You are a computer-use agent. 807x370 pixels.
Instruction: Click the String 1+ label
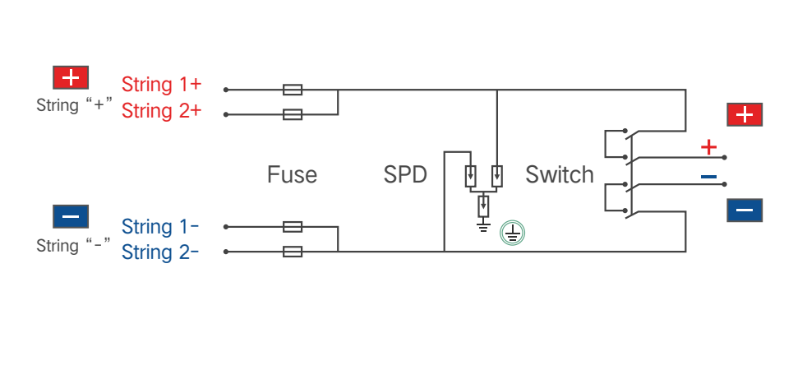(x=161, y=85)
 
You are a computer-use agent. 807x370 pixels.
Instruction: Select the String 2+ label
(x=161, y=111)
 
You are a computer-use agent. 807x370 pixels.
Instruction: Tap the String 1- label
(x=160, y=226)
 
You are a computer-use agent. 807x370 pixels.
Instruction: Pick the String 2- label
(x=160, y=252)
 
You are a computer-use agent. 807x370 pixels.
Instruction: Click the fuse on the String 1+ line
(x=293, y=90)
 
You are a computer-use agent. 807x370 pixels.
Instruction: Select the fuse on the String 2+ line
(x=293, y=114)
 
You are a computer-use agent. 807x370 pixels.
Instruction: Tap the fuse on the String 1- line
(x=293, y=227)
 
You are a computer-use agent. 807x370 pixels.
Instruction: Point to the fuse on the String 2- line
(x=293, y=252)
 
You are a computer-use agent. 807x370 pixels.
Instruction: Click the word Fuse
(x=292, y=175)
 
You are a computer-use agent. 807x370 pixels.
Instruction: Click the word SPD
(x=405, y=175)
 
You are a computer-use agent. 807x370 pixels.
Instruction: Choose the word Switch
(x=560, y=175)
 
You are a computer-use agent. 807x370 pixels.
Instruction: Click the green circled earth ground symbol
(x=513, y=234)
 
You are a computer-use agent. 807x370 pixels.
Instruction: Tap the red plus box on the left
(x=71, y=78)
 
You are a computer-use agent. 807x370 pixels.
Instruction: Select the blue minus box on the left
(x=71, y=216)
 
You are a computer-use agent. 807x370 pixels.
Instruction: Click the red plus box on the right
(x=745, y=115)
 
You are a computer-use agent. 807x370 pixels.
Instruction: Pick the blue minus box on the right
(x=745, y=210)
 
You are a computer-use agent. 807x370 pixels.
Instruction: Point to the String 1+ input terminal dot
(x=225, y=90)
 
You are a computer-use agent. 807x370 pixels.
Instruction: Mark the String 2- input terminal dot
(x=225, y=252)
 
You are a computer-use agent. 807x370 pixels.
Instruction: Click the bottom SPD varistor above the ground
(x=483, y=206)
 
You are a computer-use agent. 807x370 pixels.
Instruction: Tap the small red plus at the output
(x=708, y=148)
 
